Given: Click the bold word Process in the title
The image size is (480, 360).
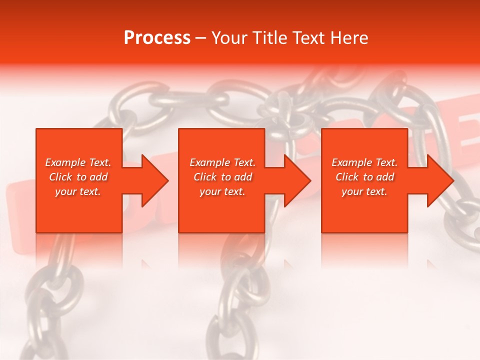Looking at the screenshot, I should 157,38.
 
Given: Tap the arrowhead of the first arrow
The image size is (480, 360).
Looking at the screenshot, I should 155,180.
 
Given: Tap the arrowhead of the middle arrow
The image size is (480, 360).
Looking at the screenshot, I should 297,180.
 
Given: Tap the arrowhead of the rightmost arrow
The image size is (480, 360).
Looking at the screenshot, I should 440,180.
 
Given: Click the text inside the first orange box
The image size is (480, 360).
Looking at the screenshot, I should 78,177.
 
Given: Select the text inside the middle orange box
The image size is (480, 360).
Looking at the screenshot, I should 222,177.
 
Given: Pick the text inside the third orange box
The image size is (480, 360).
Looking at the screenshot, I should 364,177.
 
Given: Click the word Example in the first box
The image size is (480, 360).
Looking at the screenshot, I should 65,162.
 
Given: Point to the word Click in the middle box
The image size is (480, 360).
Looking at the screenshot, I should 205,177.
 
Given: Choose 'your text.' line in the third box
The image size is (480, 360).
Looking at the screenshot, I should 364,191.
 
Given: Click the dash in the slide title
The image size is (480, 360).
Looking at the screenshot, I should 200,38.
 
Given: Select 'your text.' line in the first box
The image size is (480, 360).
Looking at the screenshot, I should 78,191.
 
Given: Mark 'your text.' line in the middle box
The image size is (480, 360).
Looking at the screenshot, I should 222,191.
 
